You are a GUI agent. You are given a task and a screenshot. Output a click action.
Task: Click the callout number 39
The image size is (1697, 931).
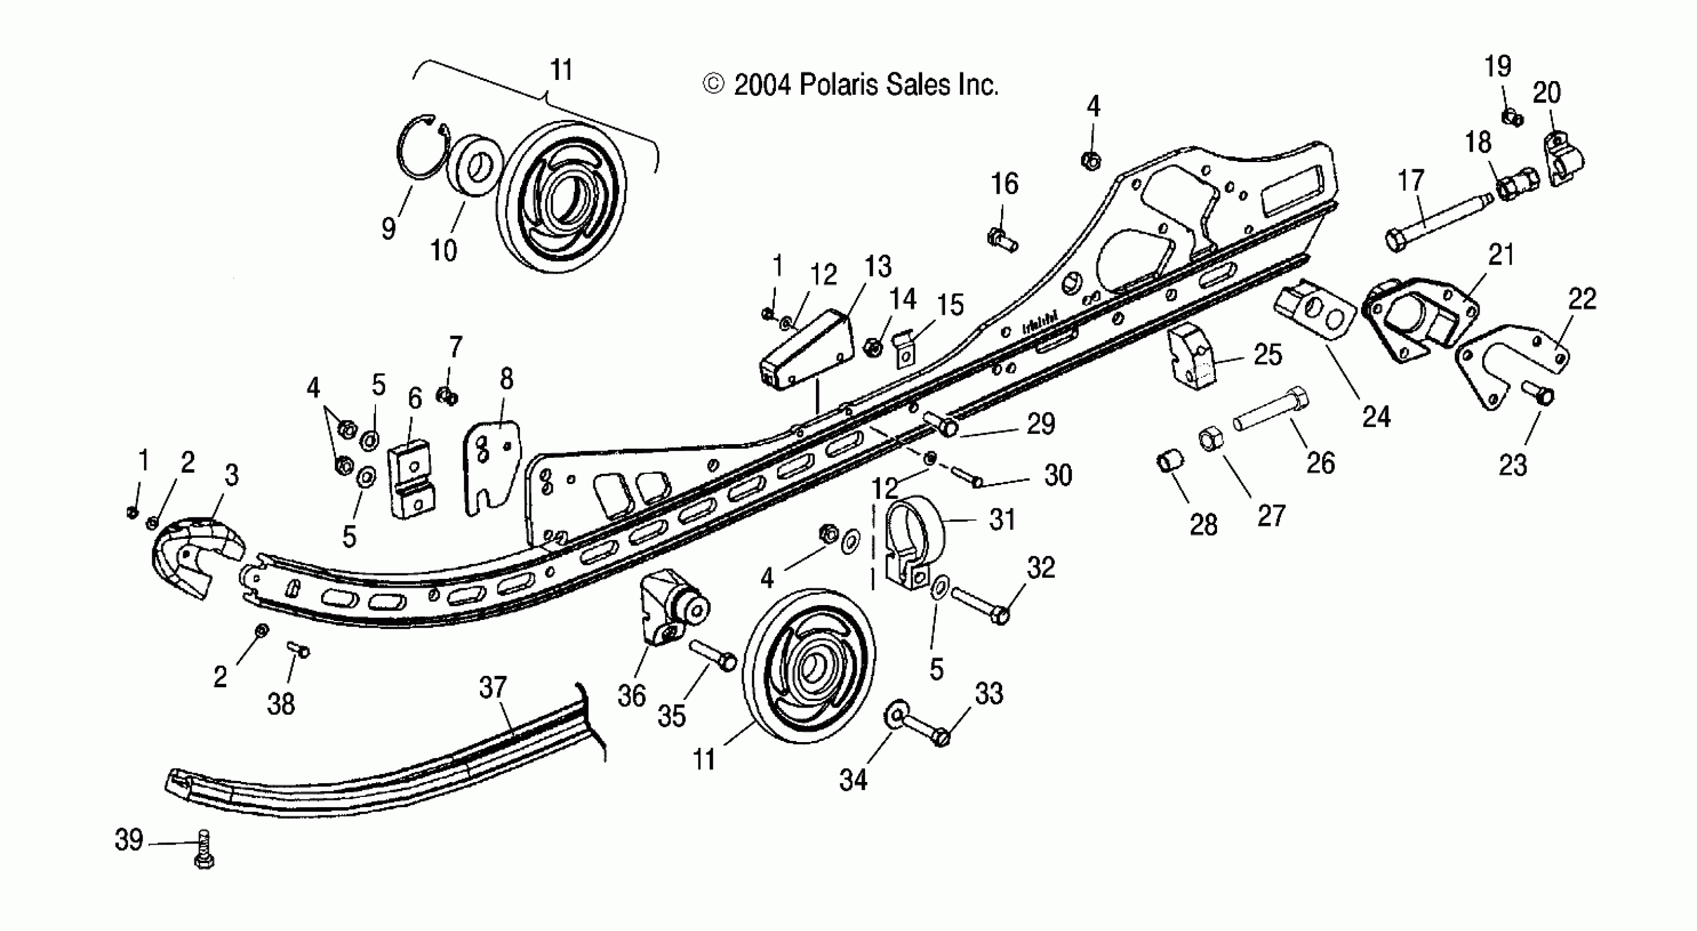129,840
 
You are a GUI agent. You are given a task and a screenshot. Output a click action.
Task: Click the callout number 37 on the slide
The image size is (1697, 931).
493,688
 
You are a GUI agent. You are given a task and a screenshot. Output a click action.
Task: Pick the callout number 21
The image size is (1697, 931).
1501,255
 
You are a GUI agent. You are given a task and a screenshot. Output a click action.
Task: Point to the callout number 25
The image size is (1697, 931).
1268,355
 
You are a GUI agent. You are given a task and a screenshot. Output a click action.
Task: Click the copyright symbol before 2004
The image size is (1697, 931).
713,84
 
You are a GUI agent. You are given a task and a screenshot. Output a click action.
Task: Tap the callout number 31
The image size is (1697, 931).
1003,520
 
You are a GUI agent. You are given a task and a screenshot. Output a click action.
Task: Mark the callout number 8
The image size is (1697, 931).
506,380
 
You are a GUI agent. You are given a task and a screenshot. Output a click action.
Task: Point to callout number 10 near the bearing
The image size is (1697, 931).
443,250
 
